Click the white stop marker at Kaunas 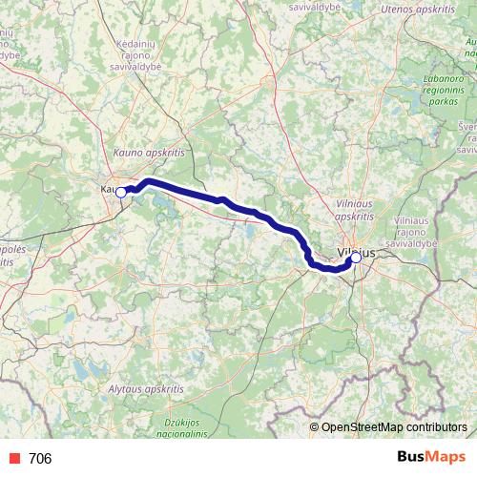pyautogui.click(x=121, y=192)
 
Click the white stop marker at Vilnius pyautogui.click(x=356, y=257)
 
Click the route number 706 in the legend pyautogui.click(x=40, y=459)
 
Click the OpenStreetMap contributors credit pyautogui.click(x=394, y=426)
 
